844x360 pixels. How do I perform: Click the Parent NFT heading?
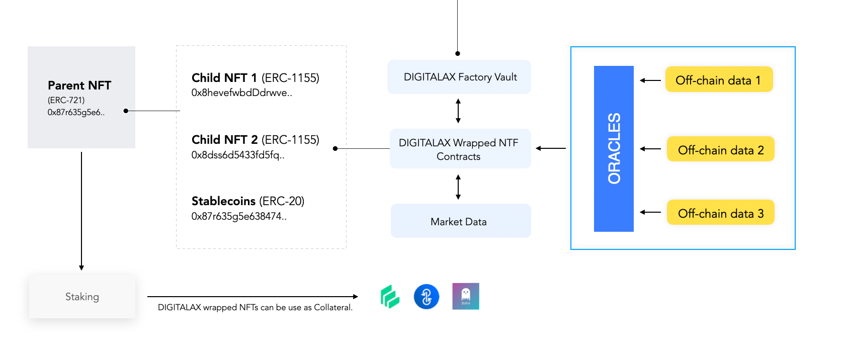click(x=79, y=85)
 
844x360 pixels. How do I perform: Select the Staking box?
click(x=82, y=297)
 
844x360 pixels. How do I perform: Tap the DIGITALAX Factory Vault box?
click(x=459, y=77)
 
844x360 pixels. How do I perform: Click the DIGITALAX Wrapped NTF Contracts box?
click(x=460, y=149)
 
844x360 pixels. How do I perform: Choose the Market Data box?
click(x=461, y=221)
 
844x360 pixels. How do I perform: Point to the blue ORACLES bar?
click(x=614, y=149)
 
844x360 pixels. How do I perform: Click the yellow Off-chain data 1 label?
click(x=719, y=79)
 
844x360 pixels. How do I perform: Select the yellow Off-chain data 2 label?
click(x=720, y=149)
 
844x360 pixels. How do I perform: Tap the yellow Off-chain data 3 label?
click(x=720, y=212)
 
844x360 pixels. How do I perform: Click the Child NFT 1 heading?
click(x=224, y=78)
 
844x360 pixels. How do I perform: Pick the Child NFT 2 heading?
click(x=224, y=140)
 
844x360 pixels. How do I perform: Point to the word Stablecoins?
click(x=223, y=201)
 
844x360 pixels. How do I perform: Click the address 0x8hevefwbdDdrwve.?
click(x=241, y=93)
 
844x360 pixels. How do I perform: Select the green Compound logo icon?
click(x=390, y=297)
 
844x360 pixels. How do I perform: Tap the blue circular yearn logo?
click(x=427, y=297)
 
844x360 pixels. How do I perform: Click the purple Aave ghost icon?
click(x=466, y=296)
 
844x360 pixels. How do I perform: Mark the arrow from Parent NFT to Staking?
click(x=81, y=211)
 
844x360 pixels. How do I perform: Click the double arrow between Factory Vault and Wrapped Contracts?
click(x=458, y=111)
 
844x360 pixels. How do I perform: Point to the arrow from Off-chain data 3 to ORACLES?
click(x=650, y=212)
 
